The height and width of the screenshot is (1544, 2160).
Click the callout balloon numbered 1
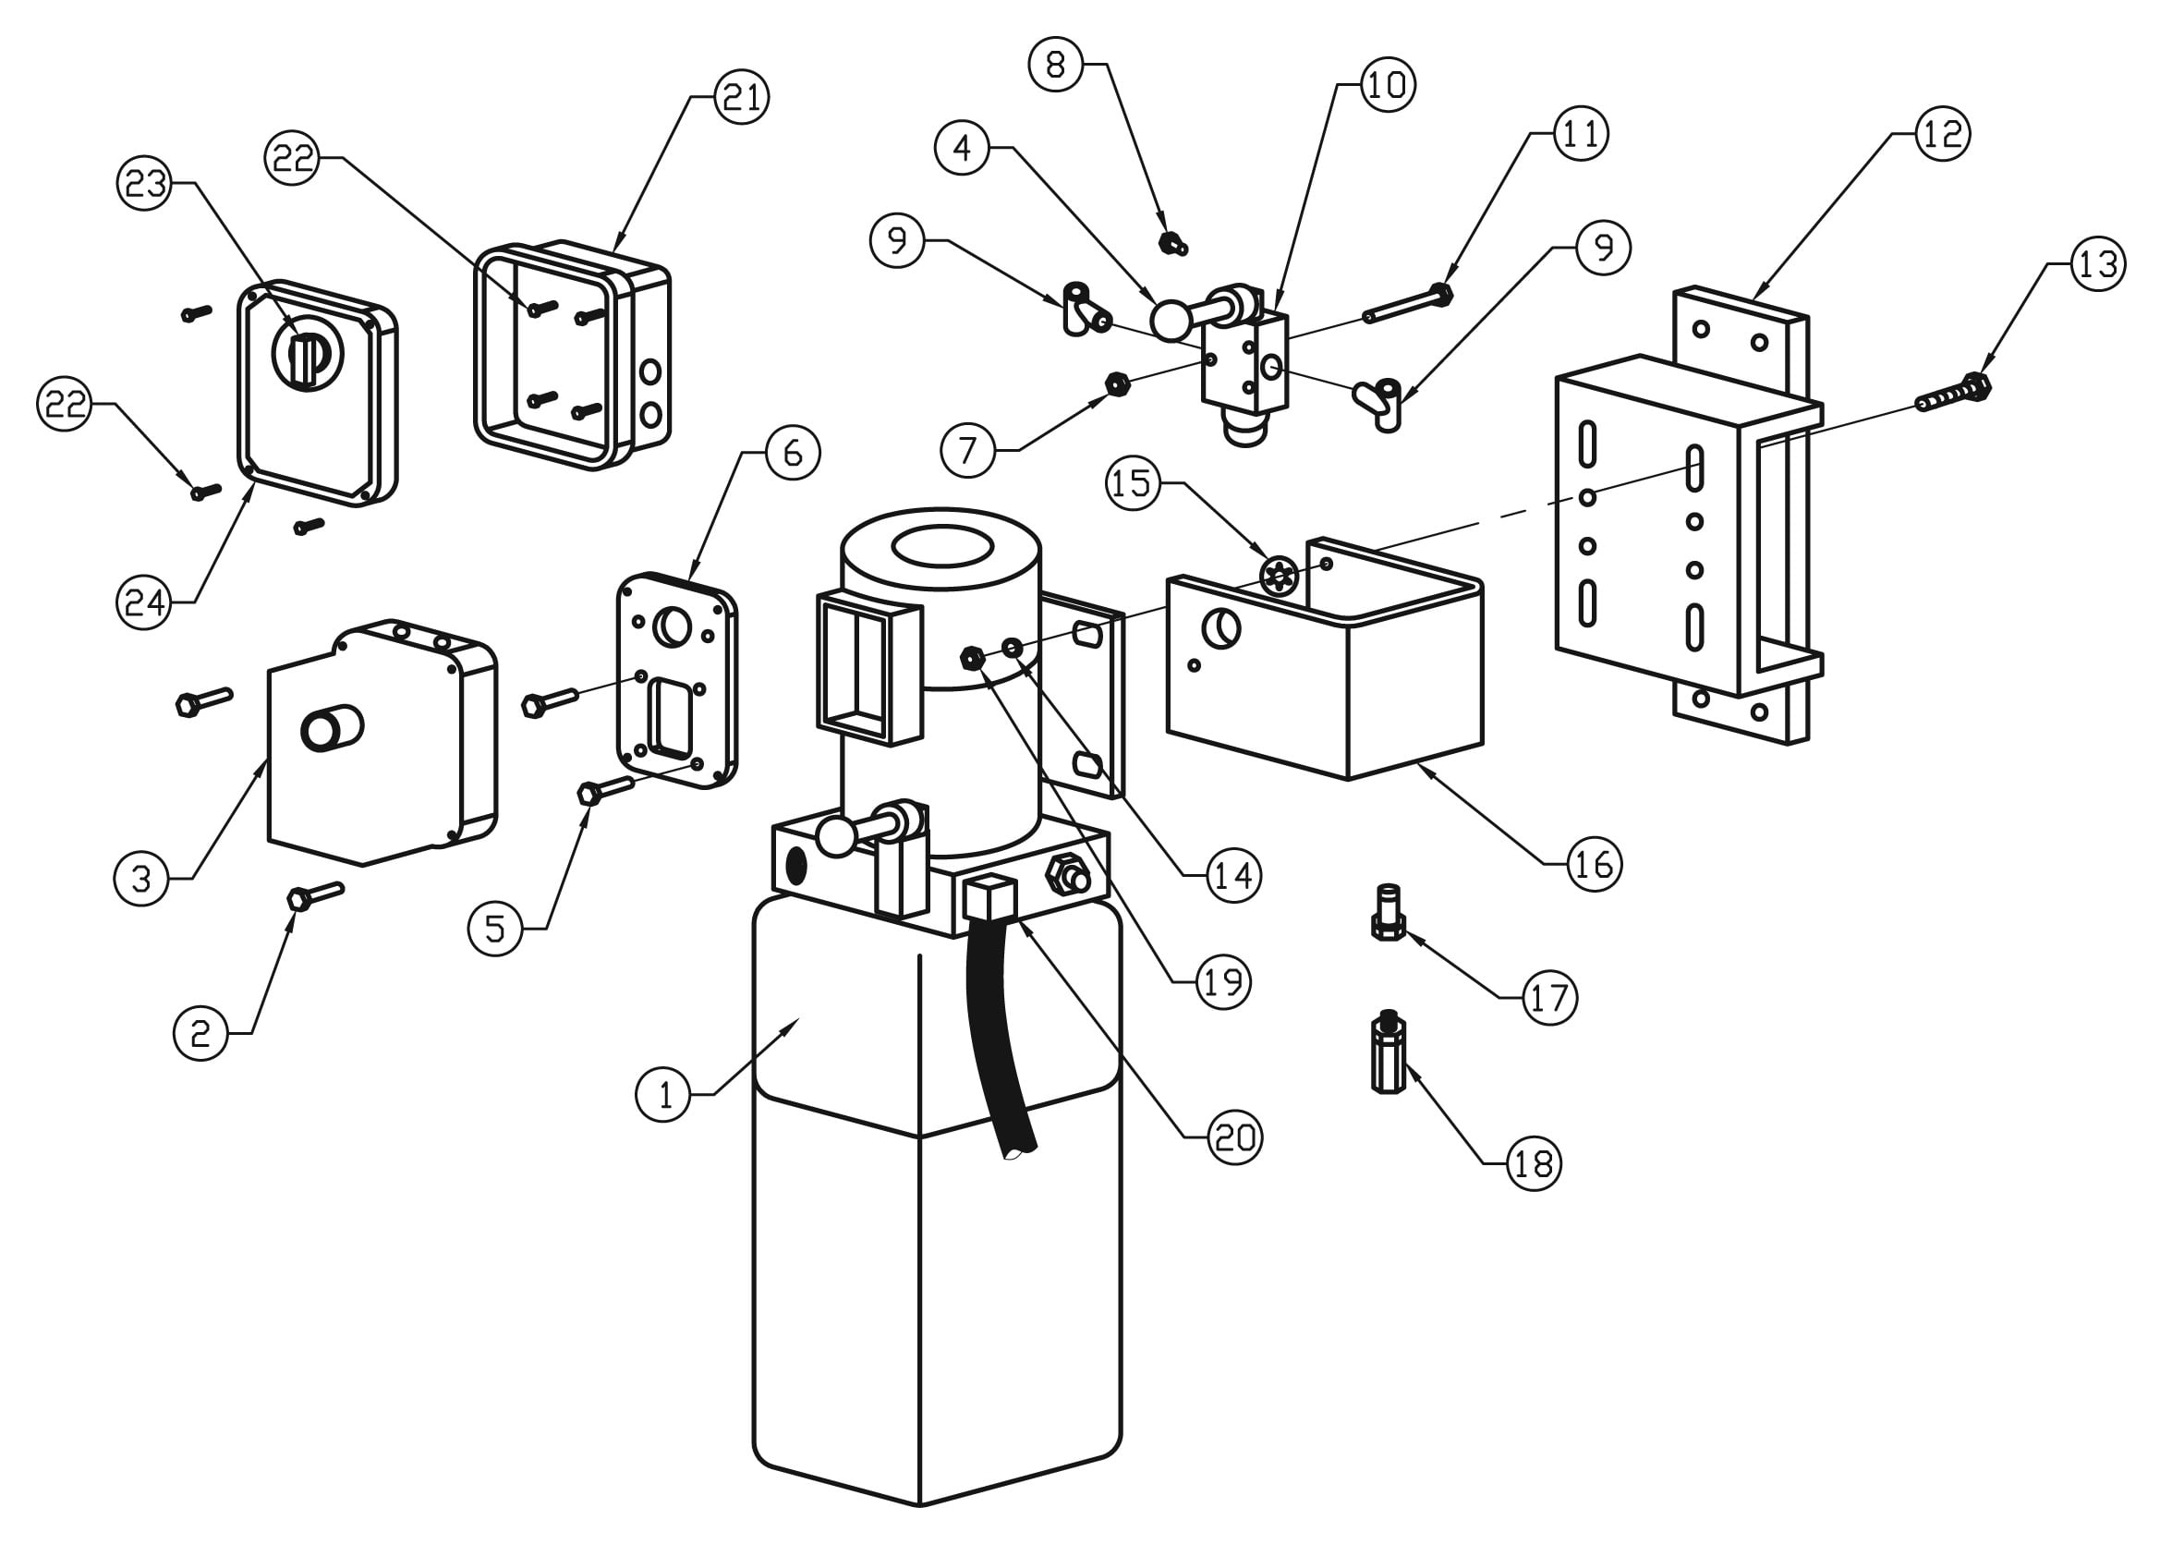[x=662, y=1094]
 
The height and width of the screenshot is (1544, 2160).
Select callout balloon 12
[x=1941, y=134]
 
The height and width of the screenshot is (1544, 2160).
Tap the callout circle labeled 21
[x=742, y=97]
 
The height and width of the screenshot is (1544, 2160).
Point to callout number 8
[x=1055, y=65]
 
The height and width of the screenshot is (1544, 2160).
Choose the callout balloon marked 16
[x=1594, y=864]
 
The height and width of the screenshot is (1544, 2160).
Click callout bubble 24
[x=143, y=602]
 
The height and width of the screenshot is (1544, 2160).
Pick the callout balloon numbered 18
[x=1534, y=1162]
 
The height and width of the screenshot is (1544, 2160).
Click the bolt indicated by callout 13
[x=1954, y=394]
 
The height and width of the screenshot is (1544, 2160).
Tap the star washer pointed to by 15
[x=1278, y=577]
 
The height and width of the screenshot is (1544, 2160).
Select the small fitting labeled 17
[x=1388, y=913]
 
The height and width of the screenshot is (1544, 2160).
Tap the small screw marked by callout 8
[x=1172, y=243]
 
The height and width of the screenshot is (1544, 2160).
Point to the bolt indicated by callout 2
[x=314, y=894]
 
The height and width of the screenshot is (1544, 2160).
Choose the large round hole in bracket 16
[x=1220, y=627]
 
